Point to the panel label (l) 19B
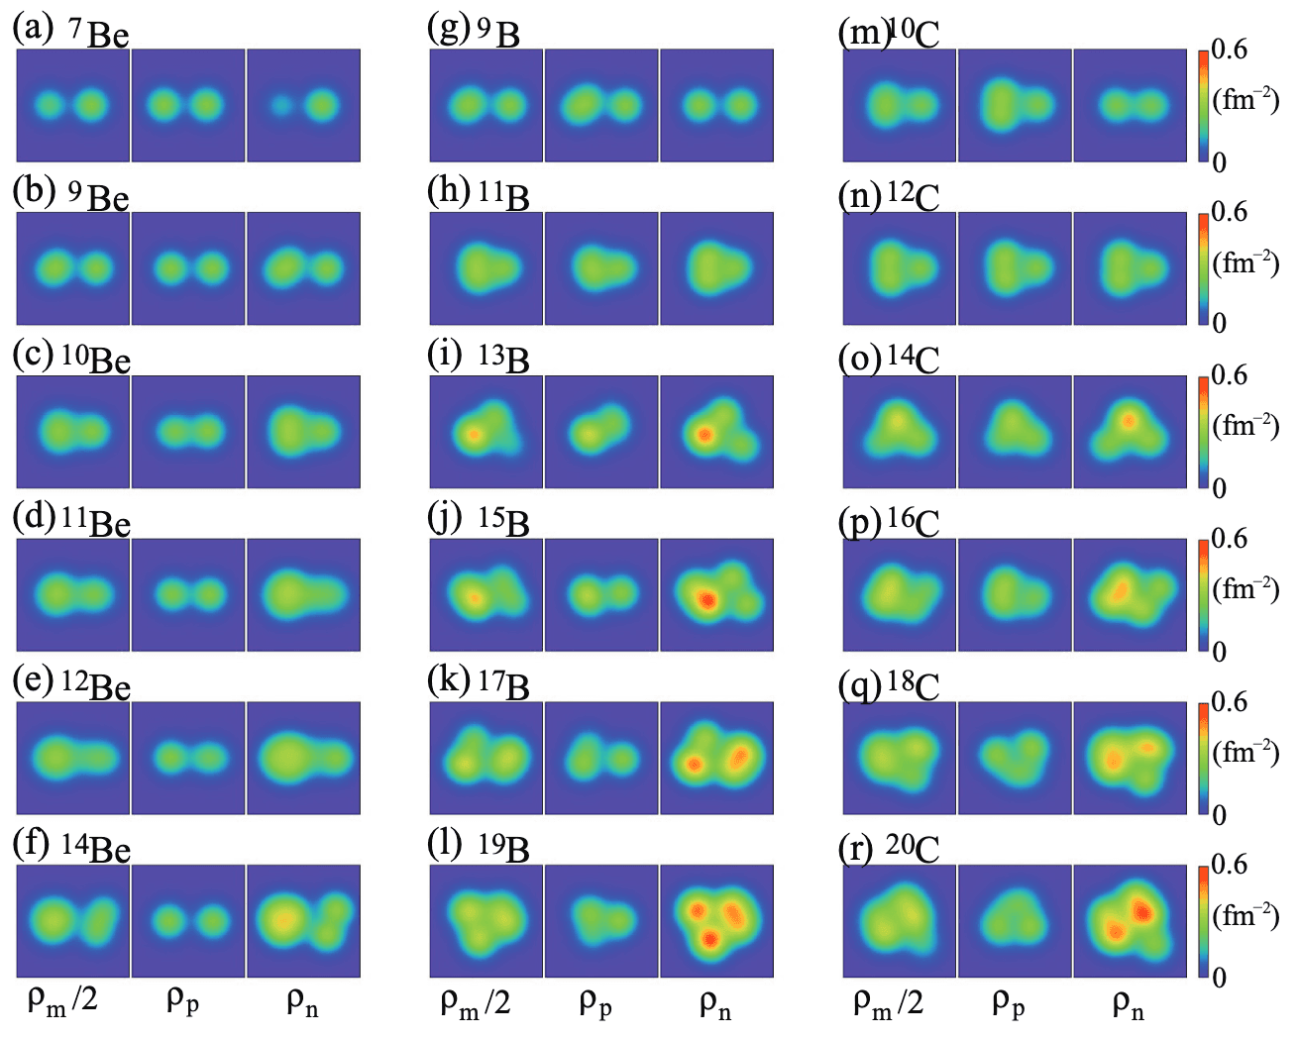(x=481, y=847)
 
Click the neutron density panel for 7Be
(x=303, y=105)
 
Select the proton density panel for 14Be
(x=188, y=921)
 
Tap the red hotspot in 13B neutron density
(x=704, y=434)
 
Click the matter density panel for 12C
(x=900, y=268)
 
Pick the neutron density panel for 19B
(x=716, y=921)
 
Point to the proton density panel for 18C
(x=1015, y=758)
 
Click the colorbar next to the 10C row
(x=1202, y=105)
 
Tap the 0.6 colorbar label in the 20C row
(x=1229, y=865)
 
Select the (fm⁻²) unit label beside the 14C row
(x=1245, y=426)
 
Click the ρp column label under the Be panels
(x=183, y=1002)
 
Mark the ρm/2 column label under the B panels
(x=476, y=1003)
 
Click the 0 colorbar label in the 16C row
(x=1220, y=652)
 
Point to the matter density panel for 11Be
(x=73, y=594)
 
